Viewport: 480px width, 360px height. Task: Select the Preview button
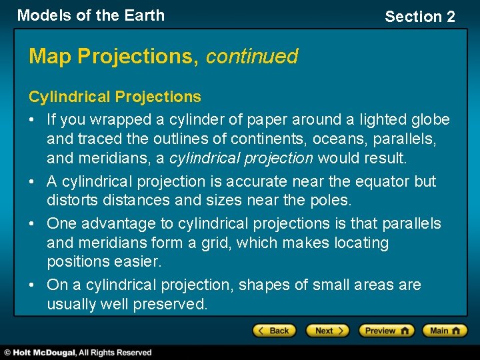click(386, 330)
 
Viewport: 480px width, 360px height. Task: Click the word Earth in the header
click(143, 15)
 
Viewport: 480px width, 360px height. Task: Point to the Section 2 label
click(419, 17)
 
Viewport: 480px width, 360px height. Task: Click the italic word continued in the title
click(251, 57)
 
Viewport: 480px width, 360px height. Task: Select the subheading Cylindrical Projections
click(115, 97)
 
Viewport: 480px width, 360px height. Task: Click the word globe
click(430, 120)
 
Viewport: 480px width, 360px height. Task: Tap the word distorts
click(73, 200)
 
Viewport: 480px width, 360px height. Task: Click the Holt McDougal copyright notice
click(77, 353)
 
